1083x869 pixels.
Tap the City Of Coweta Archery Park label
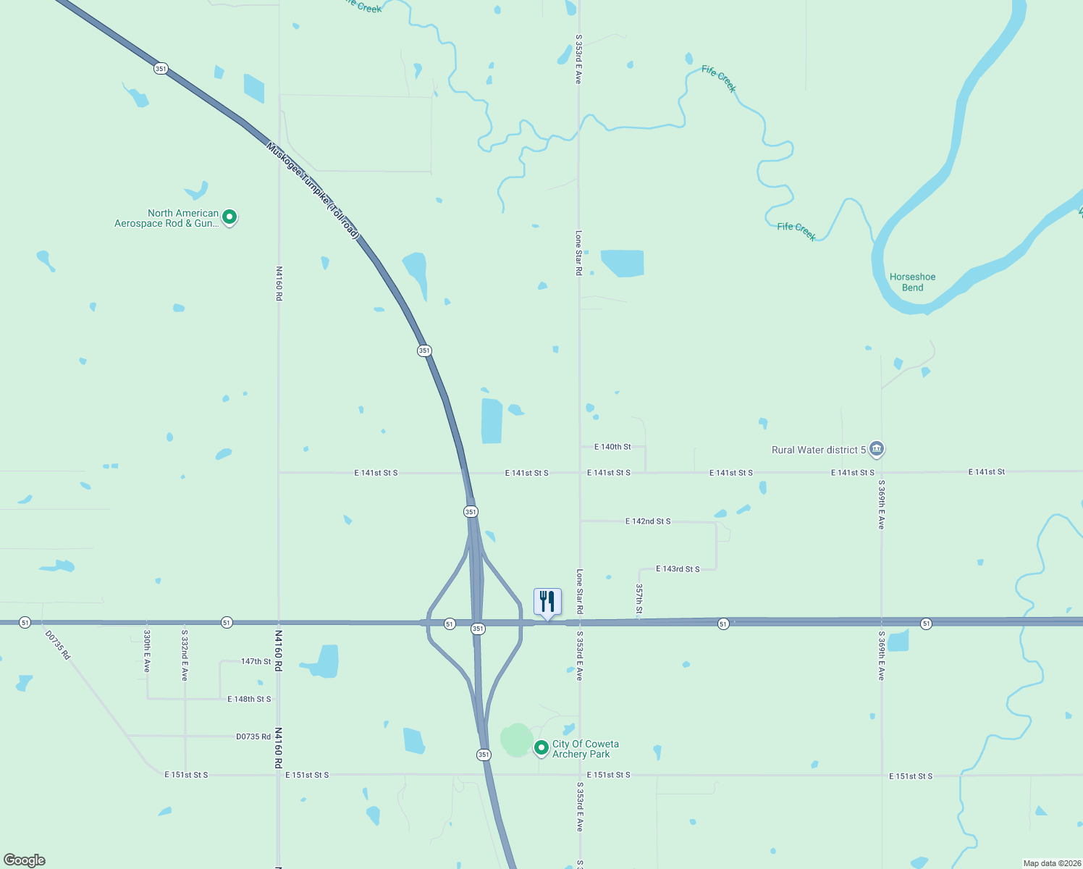[585, 749]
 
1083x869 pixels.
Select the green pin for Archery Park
[541, 747]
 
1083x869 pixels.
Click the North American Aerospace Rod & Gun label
[167, 218]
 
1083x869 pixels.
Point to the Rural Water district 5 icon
[876, 449]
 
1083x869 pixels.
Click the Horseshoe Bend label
[912, 282]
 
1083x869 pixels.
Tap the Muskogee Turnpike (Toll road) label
[313, 190]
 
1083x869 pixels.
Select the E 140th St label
[612, 447]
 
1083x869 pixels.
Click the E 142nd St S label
[648, 521]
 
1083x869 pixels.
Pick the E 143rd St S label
[678, 569]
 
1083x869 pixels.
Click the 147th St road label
[256, 661]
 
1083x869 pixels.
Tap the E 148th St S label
[249, 699]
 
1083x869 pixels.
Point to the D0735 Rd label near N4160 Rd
[253, 736]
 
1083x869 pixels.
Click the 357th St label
[639, 600]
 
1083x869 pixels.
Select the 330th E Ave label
[147, 651]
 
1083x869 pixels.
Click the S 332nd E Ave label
[185, 655]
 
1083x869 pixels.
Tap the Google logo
[25, 860]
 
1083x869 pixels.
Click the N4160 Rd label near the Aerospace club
[279, 283]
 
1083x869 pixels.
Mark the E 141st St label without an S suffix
[987, 472]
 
